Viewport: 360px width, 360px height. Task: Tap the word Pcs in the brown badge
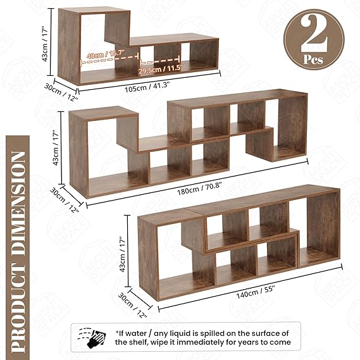coord(313,60)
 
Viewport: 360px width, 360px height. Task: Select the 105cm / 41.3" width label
coord(147,87)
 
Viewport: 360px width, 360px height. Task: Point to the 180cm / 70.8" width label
coord(199,187)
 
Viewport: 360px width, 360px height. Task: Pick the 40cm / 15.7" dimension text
coord(106,54)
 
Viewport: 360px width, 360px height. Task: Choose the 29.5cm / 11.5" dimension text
coord(161,69)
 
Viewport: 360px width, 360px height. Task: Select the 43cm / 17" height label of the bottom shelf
coord(123,255)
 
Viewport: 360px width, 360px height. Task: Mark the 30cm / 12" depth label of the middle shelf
coord(65,199)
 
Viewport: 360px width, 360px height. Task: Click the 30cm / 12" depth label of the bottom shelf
coord(133,306)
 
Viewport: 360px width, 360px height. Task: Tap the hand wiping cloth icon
coord(92,337)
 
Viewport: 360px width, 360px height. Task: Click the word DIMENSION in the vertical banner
coord(18,204)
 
